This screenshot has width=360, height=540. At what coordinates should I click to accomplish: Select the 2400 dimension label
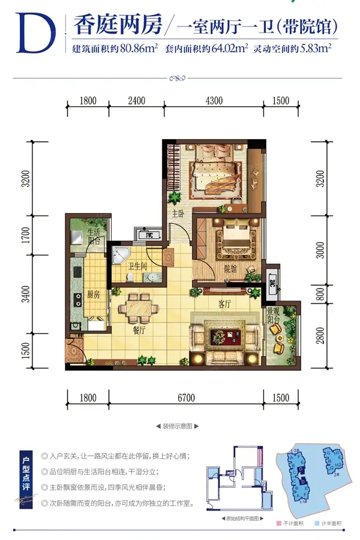[x=136, y=101]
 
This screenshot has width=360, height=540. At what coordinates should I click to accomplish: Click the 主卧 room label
[x=178, y=213]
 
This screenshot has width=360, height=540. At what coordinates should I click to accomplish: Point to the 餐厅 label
[x=139, y=329]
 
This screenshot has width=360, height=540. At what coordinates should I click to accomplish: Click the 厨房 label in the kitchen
[x=93, y=295]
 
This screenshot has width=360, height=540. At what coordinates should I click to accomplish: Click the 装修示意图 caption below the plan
[x=176, y=427]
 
